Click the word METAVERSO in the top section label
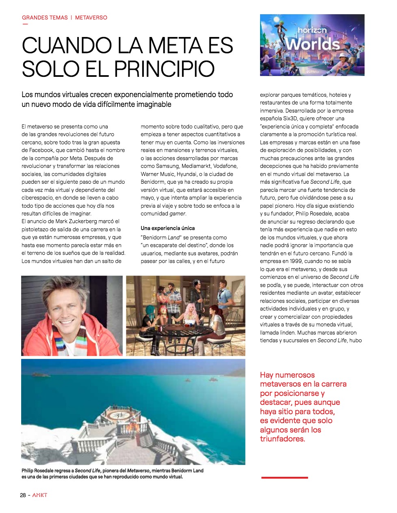(91, 18)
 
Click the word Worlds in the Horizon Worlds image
(312, 44)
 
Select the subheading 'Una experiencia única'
(167, 228)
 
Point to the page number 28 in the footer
(23, 495)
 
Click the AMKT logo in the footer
(40, 495)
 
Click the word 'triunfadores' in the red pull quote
(282, 439)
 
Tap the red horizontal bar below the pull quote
(284, 478)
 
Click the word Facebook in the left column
(41, 150)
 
